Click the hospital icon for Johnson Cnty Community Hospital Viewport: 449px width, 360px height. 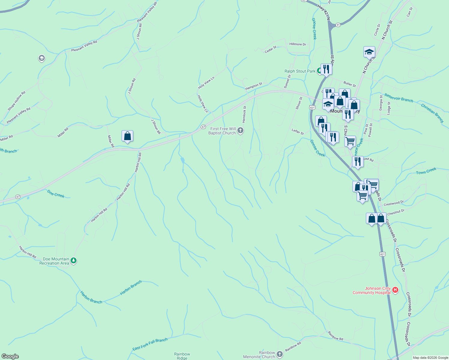[395, 290]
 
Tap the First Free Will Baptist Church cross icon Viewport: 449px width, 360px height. [240, 130]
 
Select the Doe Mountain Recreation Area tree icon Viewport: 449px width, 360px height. [74, 261]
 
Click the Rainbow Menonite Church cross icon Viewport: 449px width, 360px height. [280, 354]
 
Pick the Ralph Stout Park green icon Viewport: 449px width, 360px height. [319, 71]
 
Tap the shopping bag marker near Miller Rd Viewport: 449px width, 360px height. [127, 136]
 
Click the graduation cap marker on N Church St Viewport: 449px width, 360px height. [369, 52]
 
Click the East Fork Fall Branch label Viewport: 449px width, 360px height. [150, 344]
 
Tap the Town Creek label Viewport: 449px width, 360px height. [426, 171]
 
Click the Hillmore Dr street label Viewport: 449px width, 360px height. [297, 44]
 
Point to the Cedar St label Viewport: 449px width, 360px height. [270, 49]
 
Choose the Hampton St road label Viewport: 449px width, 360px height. [254, 86]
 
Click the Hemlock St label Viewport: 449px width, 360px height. [244, 114]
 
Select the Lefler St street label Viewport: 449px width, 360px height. [298, 131]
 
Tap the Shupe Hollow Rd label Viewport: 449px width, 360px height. [17, 101]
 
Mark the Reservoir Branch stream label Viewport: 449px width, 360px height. [399, 98]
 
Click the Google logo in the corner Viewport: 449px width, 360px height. [10, 356]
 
